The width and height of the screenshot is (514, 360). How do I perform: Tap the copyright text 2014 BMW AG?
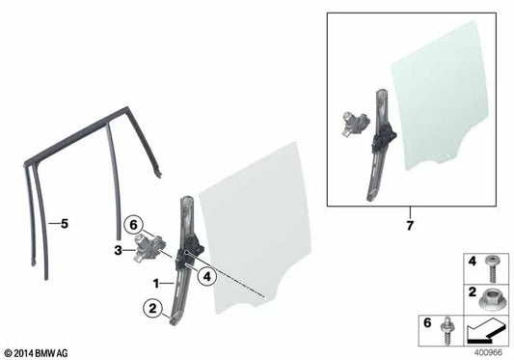pos(40,352)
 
